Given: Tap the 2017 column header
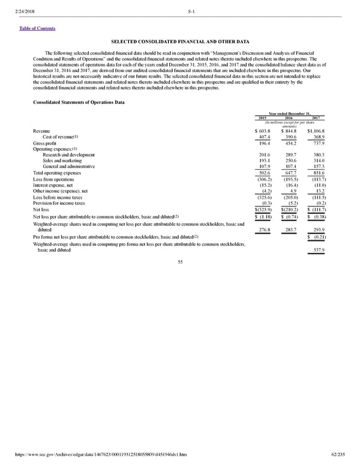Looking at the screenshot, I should click(317, 118).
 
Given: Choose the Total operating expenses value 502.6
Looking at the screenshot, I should click(265, 174).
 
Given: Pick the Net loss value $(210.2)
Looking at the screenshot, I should click(290, 210).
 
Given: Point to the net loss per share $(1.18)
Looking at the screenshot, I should click(264, 216).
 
